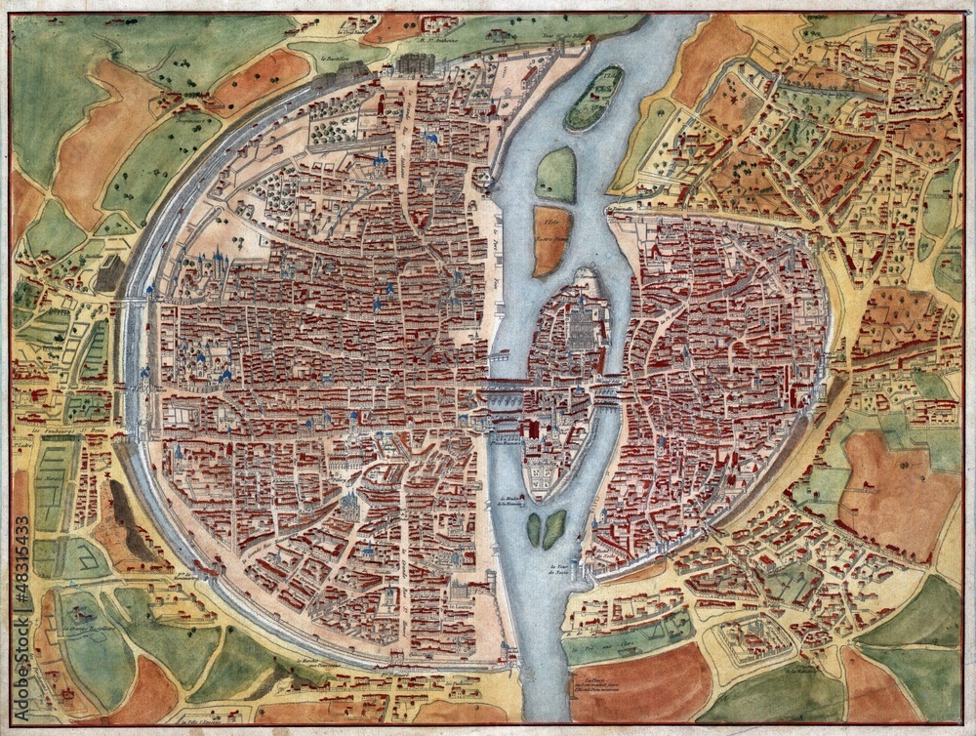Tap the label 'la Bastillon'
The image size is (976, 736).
click(339, 58)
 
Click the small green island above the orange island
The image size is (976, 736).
click(556, 175)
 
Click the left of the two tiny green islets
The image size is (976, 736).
click(534, 529)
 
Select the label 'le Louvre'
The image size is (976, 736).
click(458, 605)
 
